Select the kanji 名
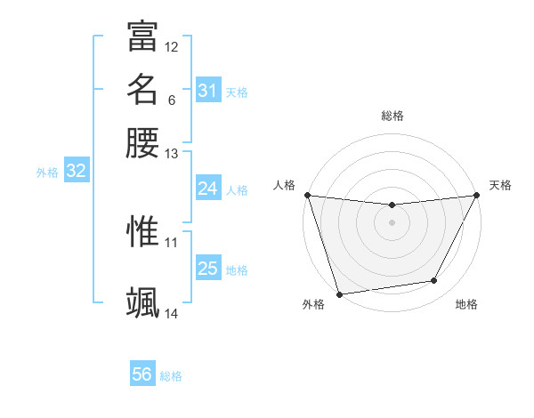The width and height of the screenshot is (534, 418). [142, 90]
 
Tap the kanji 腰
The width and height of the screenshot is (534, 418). [142, 143]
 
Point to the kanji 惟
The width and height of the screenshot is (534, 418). [142, 231]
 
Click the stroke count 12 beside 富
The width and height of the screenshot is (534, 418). [172, 46]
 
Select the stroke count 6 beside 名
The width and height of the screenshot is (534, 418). [171, 100]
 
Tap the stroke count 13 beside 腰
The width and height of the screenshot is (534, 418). [172, 154]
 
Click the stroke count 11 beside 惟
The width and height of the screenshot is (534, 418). [172, 241]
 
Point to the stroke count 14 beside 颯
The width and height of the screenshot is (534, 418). [172, 313]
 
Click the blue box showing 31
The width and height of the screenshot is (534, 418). [207, 90]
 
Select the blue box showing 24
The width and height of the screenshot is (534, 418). [207, 189]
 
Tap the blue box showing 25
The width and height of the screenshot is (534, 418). [207, 269]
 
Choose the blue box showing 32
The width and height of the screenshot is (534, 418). [76, 172]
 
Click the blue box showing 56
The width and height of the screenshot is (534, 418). [142, 374]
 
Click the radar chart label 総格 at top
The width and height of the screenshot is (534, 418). [392, 116]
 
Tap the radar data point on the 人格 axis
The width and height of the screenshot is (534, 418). [307, 195]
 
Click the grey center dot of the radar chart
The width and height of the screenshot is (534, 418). [392, 222]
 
